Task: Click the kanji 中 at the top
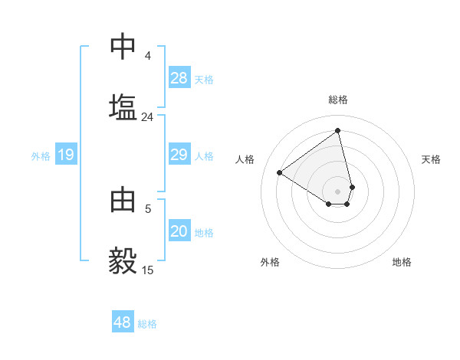[123, 47]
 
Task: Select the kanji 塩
[123, 106]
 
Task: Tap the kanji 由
[123, 200]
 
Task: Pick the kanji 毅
[123, 260]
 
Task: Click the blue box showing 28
[179, 78]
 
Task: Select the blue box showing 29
[179, 155]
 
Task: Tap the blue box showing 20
[179, 232]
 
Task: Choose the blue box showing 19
[66, 155]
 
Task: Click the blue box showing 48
[123, 322]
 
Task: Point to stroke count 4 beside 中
[148, 56]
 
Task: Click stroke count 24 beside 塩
[148, 117]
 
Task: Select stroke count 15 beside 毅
[148, 270]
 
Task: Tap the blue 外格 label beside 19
[41, 156]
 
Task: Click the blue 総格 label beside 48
[147, 324]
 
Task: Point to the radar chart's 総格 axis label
[338, 100]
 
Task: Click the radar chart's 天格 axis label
[431, 159]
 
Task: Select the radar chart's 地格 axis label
[402, 262]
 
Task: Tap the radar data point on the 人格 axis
[280, 172]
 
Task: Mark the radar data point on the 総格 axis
[338, 130]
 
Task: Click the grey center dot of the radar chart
[338, 191]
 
